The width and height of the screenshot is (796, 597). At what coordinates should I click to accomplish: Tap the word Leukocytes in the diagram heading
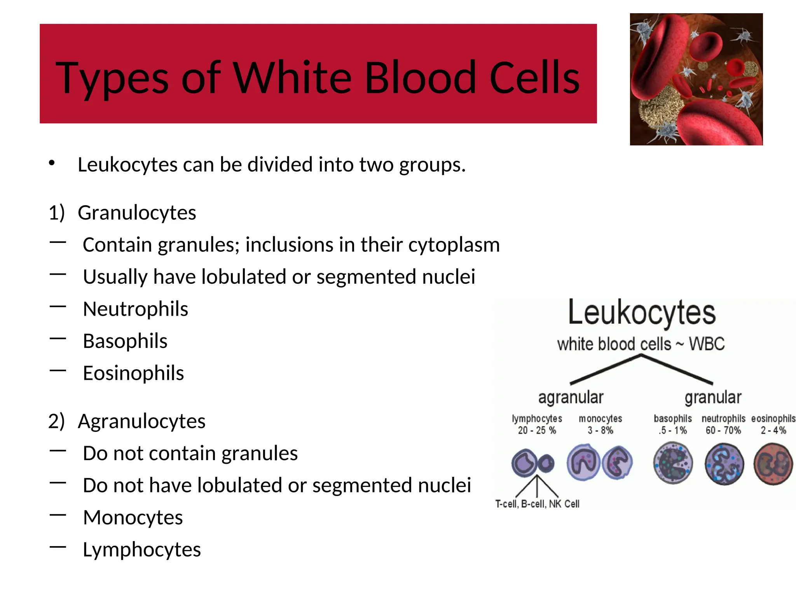[642, 312]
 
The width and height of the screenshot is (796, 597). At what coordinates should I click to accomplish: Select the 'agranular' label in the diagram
[571, 398]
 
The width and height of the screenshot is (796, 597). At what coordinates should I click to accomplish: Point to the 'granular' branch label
[713, 398]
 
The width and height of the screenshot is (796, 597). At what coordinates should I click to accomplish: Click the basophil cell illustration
[673, 463]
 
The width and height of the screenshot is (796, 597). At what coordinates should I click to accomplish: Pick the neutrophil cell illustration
[724, 464]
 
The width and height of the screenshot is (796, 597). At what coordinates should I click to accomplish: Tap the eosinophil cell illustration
[773, 464]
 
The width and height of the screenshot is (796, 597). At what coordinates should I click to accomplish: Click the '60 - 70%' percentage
[723, 430]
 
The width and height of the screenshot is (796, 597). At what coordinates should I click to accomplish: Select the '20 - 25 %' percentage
[537, 430]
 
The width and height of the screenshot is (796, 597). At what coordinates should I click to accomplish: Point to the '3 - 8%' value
[600, 430]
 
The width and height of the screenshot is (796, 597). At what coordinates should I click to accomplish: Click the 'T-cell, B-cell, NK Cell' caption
[537, 504]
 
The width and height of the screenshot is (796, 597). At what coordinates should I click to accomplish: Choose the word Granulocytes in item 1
[137, 213]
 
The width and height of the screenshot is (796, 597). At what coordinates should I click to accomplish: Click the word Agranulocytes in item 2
[141, 421]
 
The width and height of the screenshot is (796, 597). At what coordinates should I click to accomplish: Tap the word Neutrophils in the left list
[135, 309]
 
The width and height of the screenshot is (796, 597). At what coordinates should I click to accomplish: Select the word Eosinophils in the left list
[133, 374]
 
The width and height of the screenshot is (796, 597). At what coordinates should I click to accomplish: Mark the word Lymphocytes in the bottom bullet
[142, 550]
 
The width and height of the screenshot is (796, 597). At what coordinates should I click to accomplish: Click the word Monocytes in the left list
[133, 518]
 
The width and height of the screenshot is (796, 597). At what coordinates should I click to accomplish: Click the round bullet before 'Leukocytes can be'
[52, 163]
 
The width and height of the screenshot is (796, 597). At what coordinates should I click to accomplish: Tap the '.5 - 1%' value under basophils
[673, 430]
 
